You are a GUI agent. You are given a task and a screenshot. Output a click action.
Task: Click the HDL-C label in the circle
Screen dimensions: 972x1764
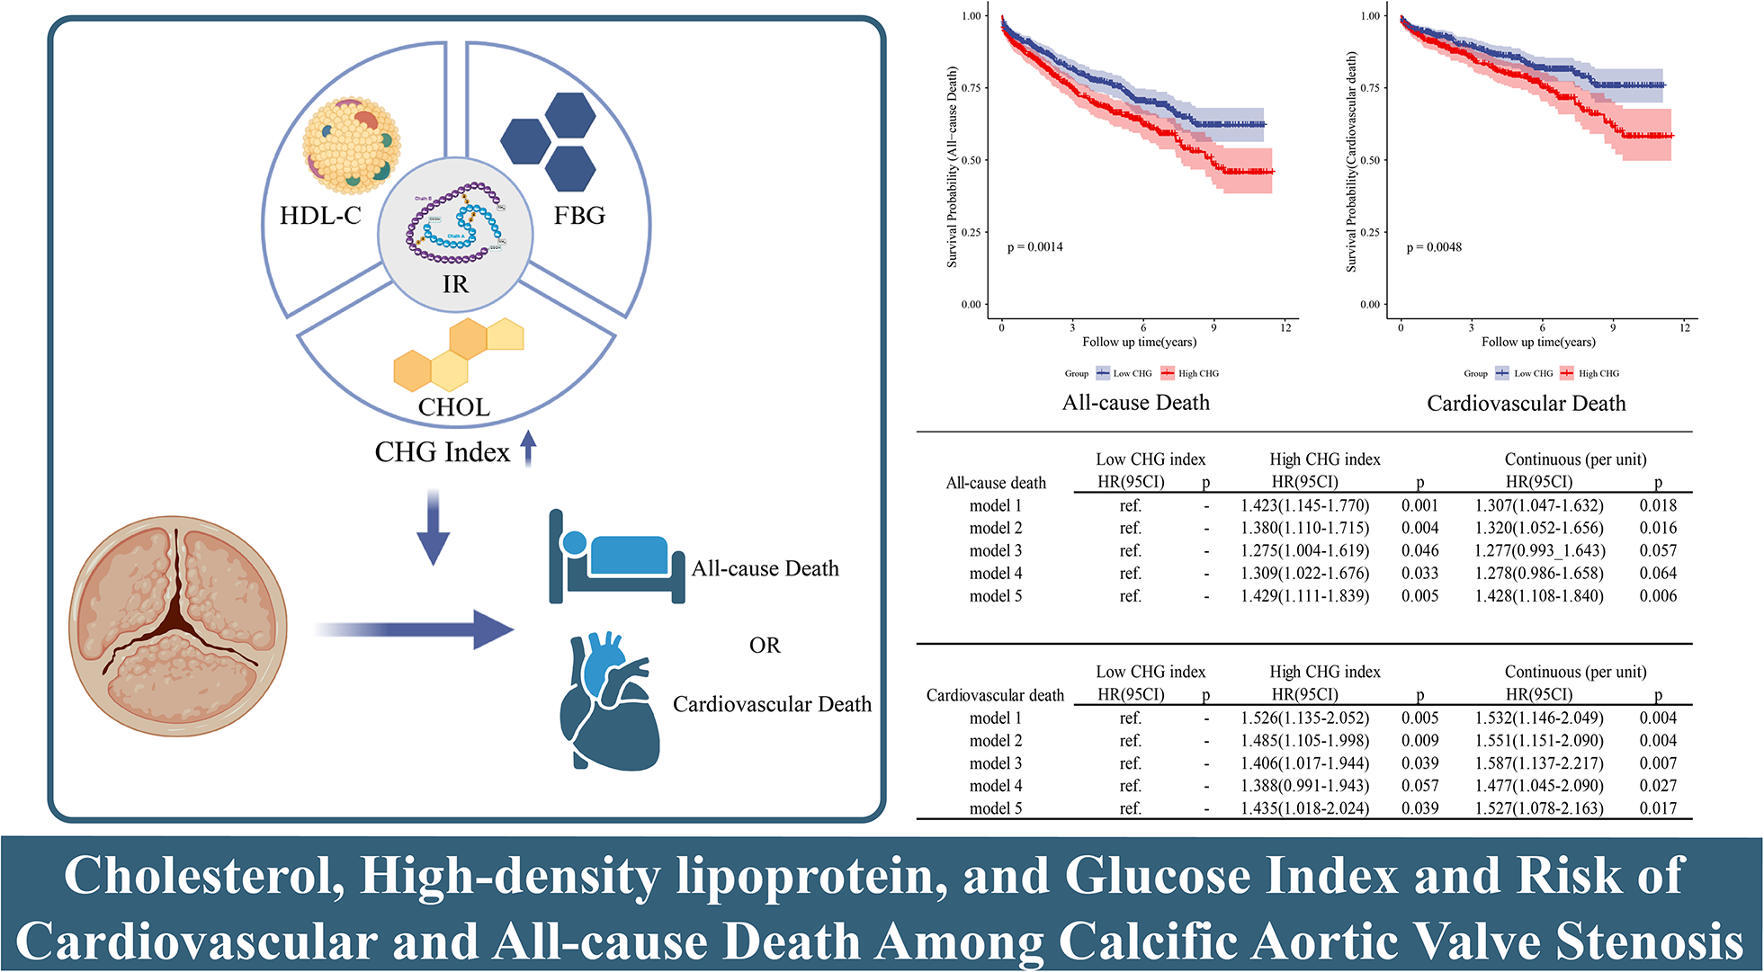[320, 216]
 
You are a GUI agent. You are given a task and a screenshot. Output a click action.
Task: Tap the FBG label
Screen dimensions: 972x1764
[579, 216]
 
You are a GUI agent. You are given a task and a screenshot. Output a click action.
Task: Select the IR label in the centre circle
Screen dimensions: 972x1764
[455, 285]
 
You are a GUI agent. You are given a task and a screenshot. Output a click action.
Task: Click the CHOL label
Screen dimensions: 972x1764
[454, 407]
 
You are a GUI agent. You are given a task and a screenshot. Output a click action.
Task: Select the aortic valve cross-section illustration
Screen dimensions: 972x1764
[178, 626]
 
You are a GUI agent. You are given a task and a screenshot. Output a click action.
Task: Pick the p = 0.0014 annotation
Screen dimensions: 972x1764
[1034, 247]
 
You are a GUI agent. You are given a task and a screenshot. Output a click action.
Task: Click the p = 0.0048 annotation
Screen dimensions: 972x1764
[1434, 247]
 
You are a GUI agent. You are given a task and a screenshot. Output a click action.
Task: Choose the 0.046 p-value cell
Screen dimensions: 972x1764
[1419, 551]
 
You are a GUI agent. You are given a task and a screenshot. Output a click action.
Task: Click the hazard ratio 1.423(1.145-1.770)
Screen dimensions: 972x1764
[1304, 506]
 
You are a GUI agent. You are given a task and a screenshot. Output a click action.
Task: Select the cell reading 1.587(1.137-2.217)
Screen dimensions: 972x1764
[1539, 763]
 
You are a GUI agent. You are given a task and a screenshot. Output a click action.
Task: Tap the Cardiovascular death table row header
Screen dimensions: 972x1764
[995, 696]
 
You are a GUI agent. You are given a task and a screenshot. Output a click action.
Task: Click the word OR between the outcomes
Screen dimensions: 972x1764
[765, 646]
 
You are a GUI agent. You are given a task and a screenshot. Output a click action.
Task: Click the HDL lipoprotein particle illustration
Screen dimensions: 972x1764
[351, 146]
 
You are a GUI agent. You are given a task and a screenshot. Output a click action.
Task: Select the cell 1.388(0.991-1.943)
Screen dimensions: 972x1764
[1304, 786]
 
